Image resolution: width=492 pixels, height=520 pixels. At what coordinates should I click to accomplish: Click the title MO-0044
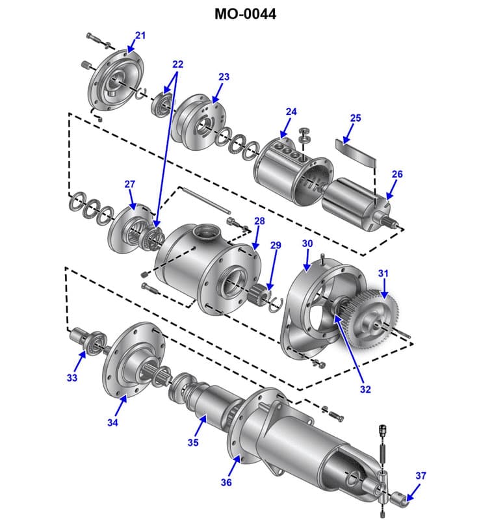click(245, 14)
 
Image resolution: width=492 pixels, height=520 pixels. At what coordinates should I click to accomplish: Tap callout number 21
click(140, 35)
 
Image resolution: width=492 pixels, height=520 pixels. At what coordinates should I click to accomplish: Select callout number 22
click(177, 64)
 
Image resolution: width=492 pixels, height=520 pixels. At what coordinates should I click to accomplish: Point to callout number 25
click(355, 118)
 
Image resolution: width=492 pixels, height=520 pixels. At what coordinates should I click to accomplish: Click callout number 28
click(259, 222)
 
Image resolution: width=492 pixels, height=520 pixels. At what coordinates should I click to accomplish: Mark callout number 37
click(421, 476)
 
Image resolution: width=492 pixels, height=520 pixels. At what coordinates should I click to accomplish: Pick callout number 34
click(113, 422)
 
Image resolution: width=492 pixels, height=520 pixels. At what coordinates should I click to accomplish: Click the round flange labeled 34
click(133, 361)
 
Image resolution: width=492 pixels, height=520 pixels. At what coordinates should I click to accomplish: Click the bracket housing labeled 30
click(312, 305)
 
